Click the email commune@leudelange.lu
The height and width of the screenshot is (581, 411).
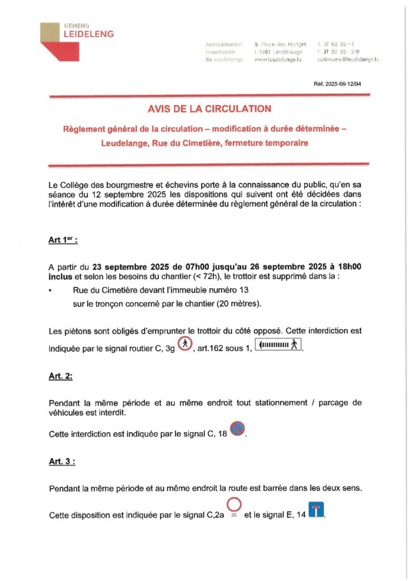tap(348, 60)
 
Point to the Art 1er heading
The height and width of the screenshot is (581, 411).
tap(63, 240)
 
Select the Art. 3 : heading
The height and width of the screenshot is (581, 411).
tap(62, 461)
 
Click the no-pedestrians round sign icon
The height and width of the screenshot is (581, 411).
tap(186, 345)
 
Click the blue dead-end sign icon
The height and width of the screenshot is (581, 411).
tap(315, 511)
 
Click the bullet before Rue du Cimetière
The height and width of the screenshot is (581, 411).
tap(51, 290)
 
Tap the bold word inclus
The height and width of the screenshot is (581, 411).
tap(60, 277)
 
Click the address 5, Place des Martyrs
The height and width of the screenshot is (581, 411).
tap(280, 44)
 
